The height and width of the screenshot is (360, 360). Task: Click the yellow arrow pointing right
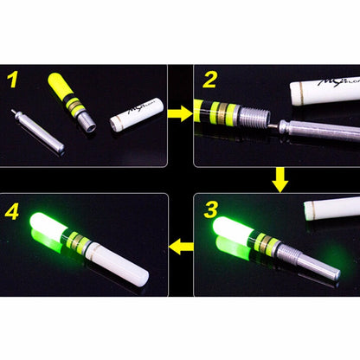click(x=179, y=112)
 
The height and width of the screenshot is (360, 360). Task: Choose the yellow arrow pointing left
click(x=180, y=248)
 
